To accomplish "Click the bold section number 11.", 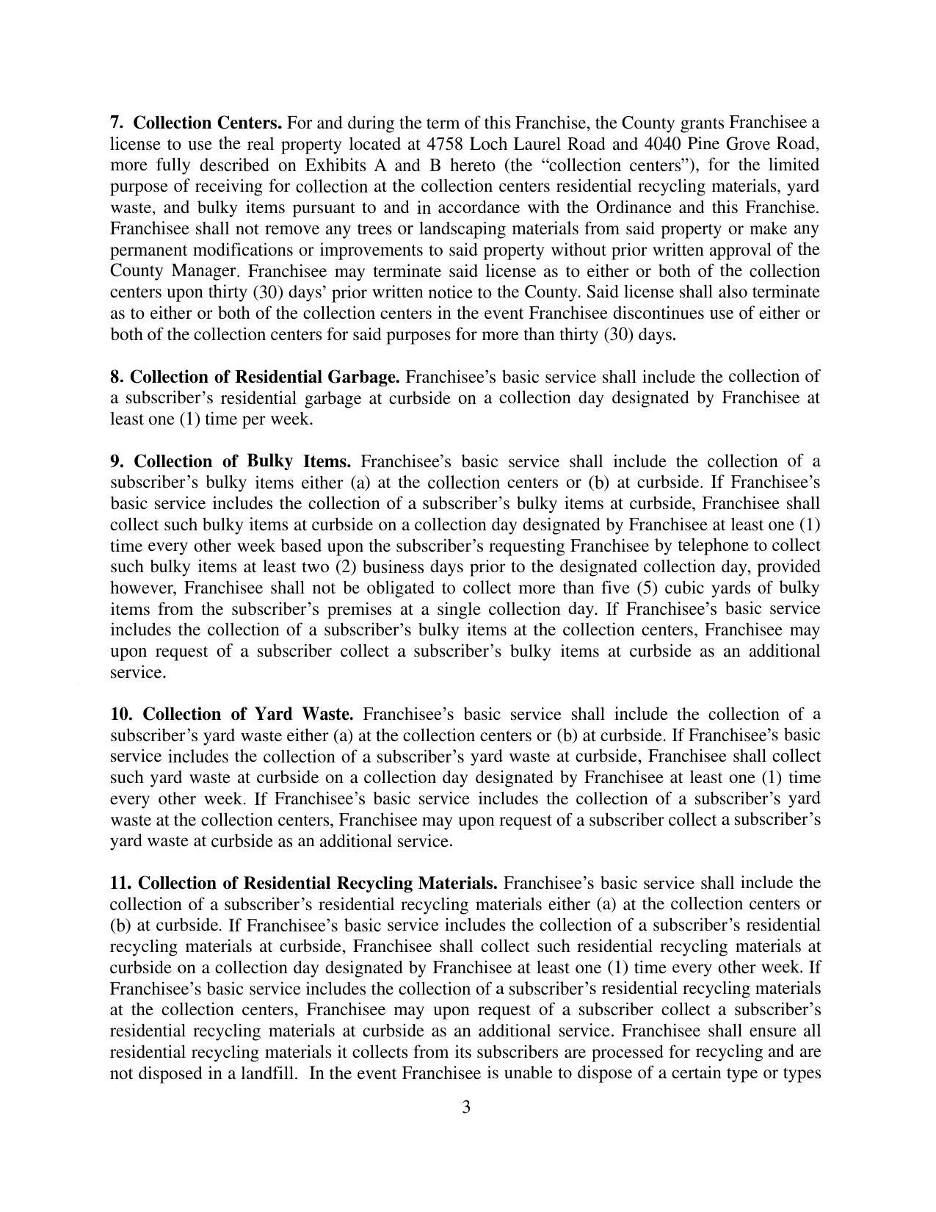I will coord(120,882).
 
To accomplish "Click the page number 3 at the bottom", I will coord(467,1107).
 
